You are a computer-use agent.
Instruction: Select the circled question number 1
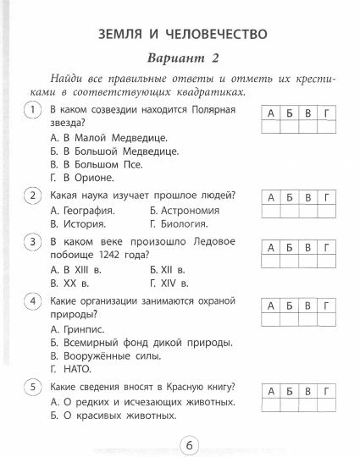pyautogui.click(x=33, y=111)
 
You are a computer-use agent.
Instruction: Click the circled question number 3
pyautogui.click(x=33, y=242)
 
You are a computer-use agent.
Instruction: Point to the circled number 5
pyautogui.click(x=33, y=388)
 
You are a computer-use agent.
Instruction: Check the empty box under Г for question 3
pyautogui.click(x=329, y=262)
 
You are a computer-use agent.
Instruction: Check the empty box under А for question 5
pyautogui.click(x=269, y=407)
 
